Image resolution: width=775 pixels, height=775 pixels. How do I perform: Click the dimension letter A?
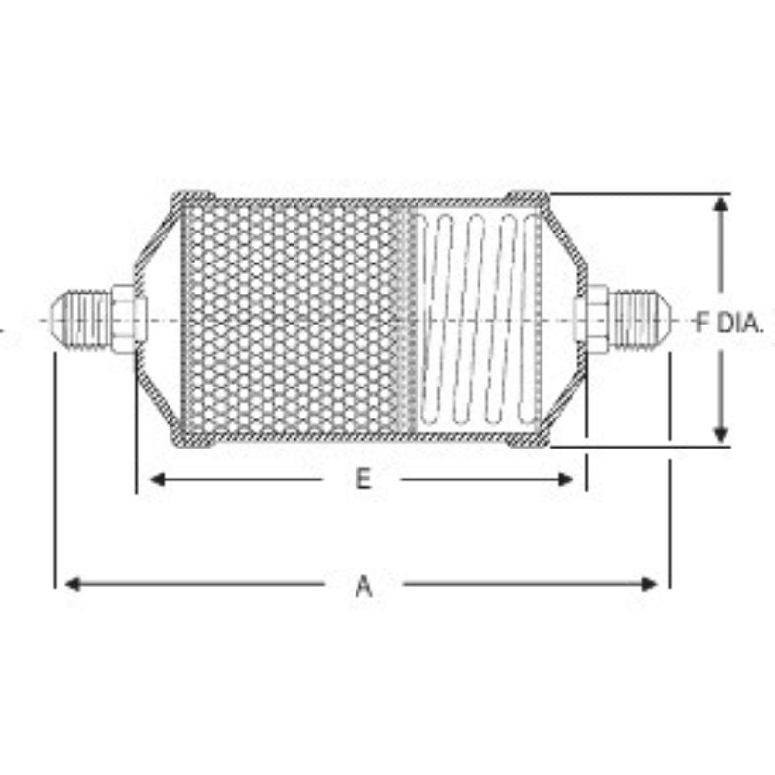tap(364, 586)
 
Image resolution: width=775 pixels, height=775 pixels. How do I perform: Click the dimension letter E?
tap(364, 479)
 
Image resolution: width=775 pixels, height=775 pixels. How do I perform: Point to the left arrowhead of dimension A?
tap(73, 585)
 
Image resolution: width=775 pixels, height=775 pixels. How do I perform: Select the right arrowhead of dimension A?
tap(649, 585)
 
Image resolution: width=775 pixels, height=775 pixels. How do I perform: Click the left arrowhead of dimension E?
tap(158, 480)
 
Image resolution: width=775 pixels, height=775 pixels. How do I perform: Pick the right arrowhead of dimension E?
tap(565, 480)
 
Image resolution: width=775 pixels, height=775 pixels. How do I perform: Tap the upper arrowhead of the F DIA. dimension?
tap(721, 204)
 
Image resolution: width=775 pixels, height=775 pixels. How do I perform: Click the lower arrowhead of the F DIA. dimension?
tap(721, 435)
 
